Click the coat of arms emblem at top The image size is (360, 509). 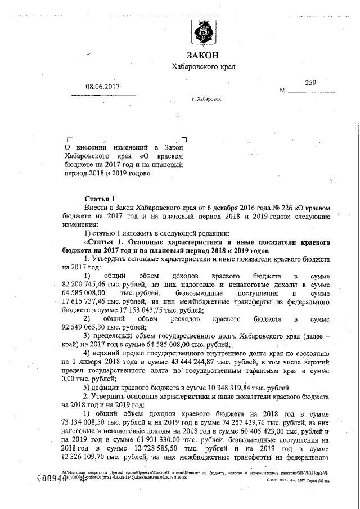202,34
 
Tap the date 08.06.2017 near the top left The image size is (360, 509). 103,87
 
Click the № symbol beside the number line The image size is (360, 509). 283,91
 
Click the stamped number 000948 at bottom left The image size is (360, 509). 50,478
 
